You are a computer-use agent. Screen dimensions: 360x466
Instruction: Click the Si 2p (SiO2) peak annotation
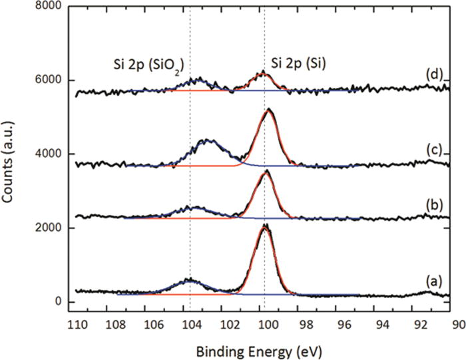click(x=147, y=65)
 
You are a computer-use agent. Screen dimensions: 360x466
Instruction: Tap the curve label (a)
click(x=433, y=281)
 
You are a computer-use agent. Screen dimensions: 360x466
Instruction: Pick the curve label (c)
click(x=433, y=150)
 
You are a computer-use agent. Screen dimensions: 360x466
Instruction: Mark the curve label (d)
click(x=433, y=75)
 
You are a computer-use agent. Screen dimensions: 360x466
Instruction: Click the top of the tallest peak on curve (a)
click(x=265, y=226)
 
